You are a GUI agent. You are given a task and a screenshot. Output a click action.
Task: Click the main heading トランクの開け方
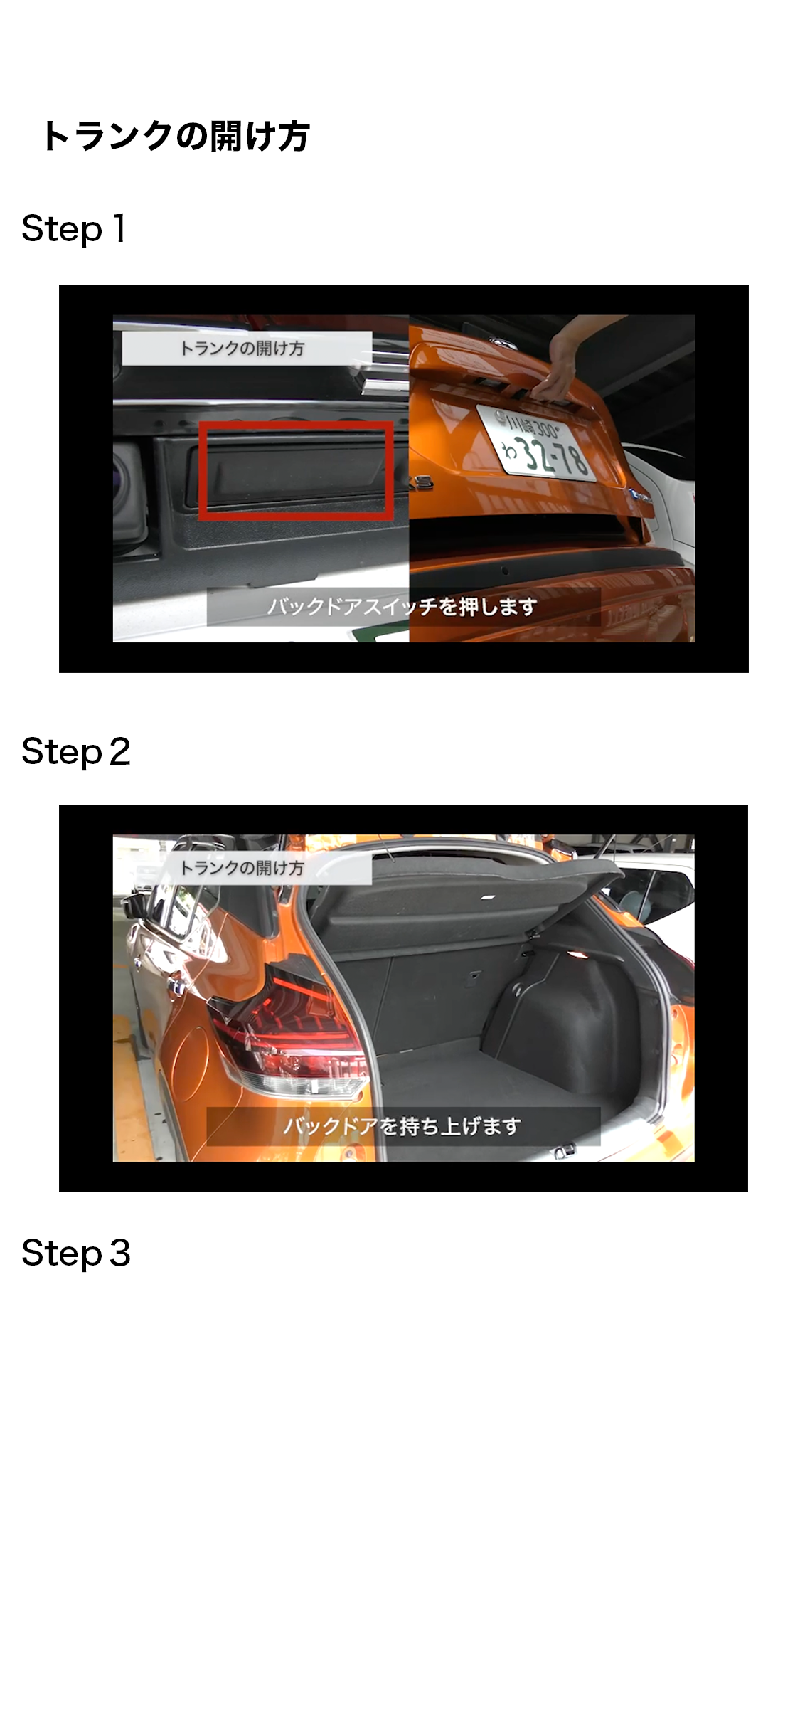(176, 135)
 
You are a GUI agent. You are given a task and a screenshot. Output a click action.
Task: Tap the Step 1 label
(74, 229)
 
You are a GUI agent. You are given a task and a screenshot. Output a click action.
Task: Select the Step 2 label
(76, 752)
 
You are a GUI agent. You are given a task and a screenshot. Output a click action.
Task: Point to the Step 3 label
(76, 1253)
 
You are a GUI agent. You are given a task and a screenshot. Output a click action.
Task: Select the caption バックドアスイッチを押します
(402, 607)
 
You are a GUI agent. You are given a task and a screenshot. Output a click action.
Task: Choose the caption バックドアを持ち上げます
(402, 1126)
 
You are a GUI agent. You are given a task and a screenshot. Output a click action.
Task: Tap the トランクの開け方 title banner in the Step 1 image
(246, 349)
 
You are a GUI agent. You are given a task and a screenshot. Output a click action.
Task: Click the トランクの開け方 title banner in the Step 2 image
(246, 868)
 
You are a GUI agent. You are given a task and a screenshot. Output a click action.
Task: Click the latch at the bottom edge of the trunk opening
(565, 1150)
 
